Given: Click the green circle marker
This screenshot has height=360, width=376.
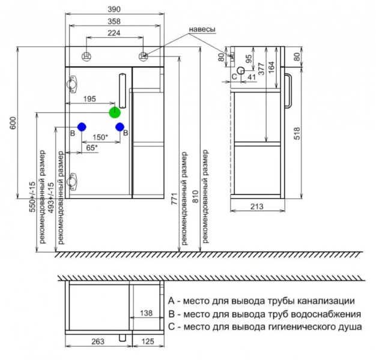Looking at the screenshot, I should click(x=115, y=112).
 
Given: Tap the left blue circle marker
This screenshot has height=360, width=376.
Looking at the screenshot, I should click(x=81, y=127).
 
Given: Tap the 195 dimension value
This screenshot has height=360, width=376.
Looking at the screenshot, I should click(x=89, y=99).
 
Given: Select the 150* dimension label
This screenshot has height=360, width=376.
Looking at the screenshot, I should click(x=100, y=137).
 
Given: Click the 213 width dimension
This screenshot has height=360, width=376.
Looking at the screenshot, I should click(x=256, y=208).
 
